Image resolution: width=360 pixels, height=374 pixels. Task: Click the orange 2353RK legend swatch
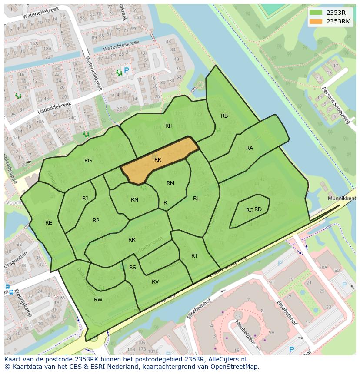pyautogui.click(x=316, y=21)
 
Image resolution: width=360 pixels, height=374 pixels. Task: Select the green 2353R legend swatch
pyautogui.click(x=316, y=13)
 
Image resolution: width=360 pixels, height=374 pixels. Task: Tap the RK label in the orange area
pyautogui.click(x=158, y=160)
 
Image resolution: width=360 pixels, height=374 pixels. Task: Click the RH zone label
pyautogui.click(x=169, y=126)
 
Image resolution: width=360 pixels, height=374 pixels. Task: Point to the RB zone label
pyautogui.click(x=224, y=116)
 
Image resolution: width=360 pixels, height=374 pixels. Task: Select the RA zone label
pyautogui.click(x=250, y=148)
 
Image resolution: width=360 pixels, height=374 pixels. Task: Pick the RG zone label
pyautogui.click(x=88, y=161)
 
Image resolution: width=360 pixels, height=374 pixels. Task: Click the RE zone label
pyautogui.click(x=49, y=223)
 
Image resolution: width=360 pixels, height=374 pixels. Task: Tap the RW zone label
pyautogui.click(x=98, y=300)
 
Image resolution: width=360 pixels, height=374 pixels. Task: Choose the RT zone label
pyautogui.click(x=194, y=256)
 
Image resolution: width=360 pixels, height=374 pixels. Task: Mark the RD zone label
pyautogui.click(x=258, y=209)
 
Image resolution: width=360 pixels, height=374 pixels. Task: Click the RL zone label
pyautogui.click(x=196, y=199)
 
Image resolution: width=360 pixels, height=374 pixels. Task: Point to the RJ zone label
pyautogui.click(x=85, y=199)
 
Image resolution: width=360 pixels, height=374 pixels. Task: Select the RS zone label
pyautogui.click(x=133, y=268)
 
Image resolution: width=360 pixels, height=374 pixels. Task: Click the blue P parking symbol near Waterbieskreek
pyautogui.click(x=127, y=70)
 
